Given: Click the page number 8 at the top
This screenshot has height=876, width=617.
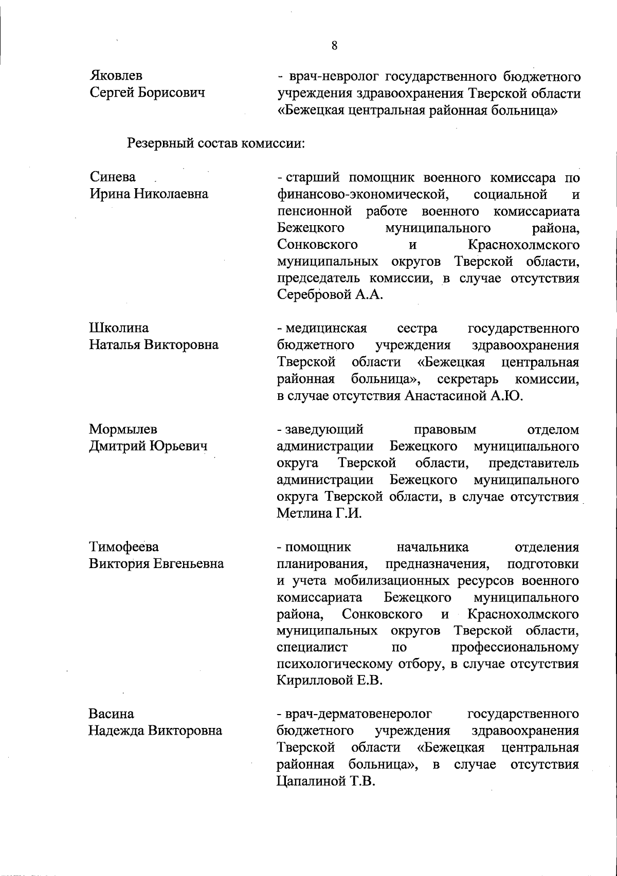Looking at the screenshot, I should [x=334, y=45].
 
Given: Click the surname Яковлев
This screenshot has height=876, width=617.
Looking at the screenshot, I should [x=116, y=76].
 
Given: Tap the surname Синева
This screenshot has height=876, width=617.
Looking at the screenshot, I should [x=113, y=177].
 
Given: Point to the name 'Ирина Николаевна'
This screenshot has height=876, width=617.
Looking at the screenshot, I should [x=149, y=194].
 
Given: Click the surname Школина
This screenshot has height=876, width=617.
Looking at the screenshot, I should [x=119, y=328].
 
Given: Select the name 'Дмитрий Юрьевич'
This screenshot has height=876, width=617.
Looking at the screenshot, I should [x=148, y=446].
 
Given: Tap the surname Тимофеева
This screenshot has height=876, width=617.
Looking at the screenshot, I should [x=124, y=546].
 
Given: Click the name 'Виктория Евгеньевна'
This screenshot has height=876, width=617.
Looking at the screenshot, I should [x=156, y=563].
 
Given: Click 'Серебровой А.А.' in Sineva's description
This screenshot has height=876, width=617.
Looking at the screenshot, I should [x=330, y=296].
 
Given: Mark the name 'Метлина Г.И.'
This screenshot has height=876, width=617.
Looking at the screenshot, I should [x=319, y=513].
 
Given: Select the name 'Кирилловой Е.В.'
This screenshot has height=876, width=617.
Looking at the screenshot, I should [x=330, y=681].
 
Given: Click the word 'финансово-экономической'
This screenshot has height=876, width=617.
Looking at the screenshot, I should [x=360, y=195].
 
